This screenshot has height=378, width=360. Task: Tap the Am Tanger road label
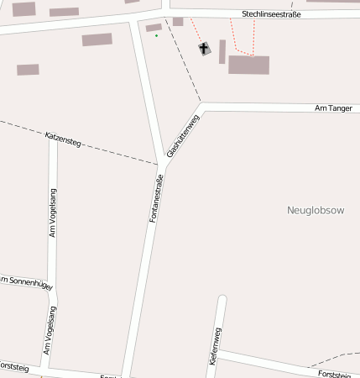point(333,108)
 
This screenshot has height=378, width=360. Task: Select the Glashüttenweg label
point(183,136)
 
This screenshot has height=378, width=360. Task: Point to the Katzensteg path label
point(63,139)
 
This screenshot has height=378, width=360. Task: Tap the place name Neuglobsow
point(316,210)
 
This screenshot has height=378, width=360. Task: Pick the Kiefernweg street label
point(215,344)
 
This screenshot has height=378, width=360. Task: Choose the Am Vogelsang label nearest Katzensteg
point(52,213)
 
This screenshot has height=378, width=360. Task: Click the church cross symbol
point(205,49)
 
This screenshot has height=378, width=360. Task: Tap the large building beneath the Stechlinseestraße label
point(248,65)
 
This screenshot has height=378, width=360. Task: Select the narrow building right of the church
point(222,51)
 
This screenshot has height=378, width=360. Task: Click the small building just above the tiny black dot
point(154,28)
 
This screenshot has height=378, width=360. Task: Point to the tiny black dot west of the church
point(156,37)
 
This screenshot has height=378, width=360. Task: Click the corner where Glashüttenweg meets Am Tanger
point(202,108)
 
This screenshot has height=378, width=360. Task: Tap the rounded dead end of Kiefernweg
point(222,299)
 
